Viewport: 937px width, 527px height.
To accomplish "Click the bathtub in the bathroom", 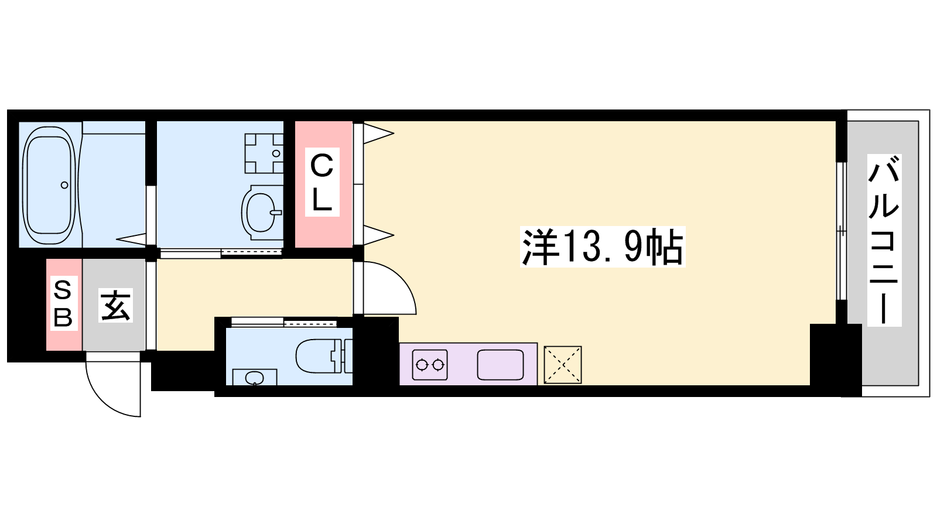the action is coord(49,184).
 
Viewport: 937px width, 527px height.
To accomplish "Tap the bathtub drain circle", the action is coord(64,185).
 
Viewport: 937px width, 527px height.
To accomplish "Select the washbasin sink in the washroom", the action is coord(262,213).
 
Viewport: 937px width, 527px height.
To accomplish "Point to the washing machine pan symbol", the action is coord(264,153).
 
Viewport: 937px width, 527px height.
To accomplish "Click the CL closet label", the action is coord(322,182).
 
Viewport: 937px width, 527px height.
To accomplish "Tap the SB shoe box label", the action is coord(63,303).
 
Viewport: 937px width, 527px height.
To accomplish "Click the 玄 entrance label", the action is coord(115,305).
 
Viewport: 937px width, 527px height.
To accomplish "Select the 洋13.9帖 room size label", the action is coord(603,247).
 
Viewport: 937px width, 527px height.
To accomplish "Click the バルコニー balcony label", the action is coord(884,240).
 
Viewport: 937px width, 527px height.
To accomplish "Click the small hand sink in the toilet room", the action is coord(254,377).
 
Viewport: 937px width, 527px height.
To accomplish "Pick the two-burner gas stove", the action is coord(430,365).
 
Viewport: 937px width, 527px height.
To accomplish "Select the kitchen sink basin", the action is coord(500,365).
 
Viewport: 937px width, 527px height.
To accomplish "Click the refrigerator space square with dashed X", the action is coord(563,365).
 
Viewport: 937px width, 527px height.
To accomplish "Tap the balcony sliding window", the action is coord(841,231).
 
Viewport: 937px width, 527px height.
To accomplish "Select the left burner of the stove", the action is coord(421,365).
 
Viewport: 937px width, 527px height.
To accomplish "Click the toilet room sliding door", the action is coord(284,323).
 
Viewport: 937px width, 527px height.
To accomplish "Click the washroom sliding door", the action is coord(221,252).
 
